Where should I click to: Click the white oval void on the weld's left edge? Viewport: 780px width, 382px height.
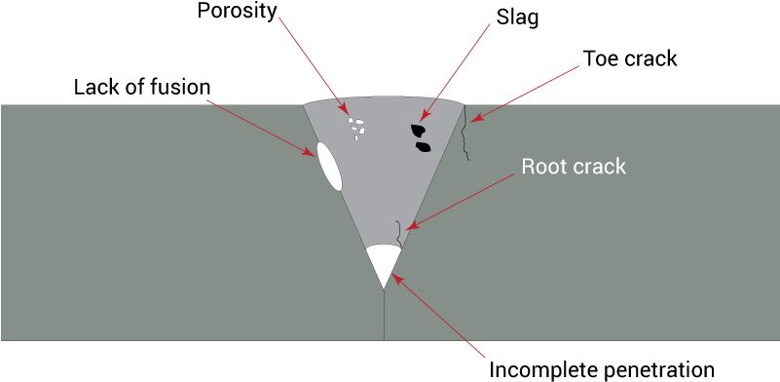pyautogui.click(x=329, y=167)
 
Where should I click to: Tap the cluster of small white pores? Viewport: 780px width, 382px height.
pyautogui.click(x=357, y=128)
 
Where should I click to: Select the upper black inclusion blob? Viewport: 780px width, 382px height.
pyautogui.click(x=419, y=129)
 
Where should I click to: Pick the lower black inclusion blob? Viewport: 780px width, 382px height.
pyautogui.click(x=424, y=147)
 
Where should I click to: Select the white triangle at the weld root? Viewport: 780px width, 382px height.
pyautogui.click(x=384, y=261)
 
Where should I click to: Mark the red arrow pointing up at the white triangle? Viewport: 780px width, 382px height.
pyautogui.click(x=437, y=317)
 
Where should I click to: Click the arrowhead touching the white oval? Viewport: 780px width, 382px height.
pyautogui.click(x=308, y=149)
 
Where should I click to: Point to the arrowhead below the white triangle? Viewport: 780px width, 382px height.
pyautogui.click(x=398, y=284)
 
